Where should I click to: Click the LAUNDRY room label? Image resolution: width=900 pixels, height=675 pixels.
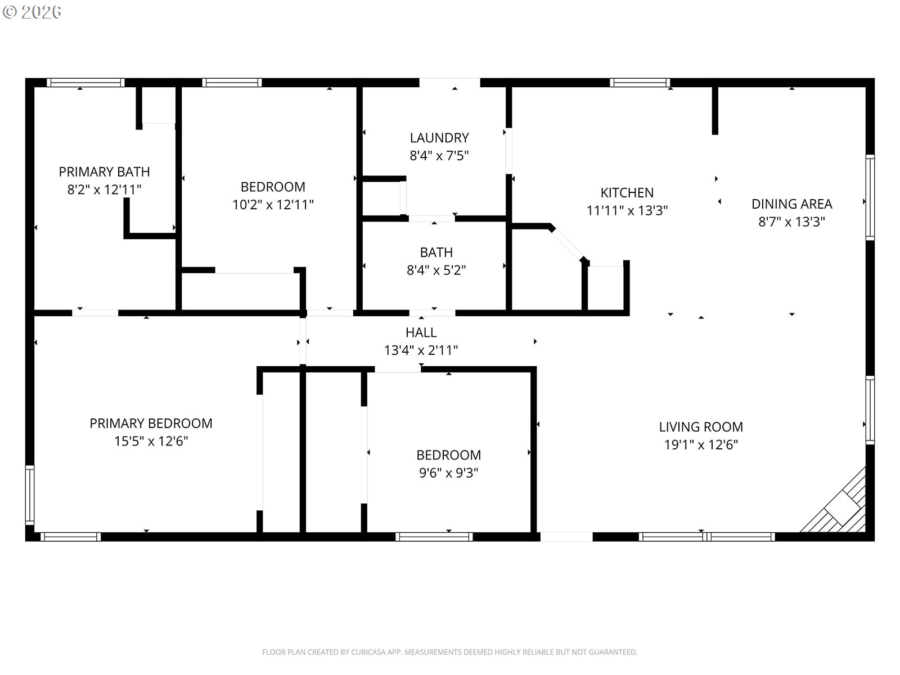pos(439,138)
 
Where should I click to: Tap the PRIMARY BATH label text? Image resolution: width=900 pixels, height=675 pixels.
pos(104,172)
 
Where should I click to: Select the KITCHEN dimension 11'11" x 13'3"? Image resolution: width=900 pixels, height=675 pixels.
pos(627,210)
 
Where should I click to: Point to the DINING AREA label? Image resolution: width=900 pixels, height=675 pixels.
pos(791,204)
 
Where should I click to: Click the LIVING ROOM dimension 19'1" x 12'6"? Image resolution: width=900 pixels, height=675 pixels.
pos(701,445)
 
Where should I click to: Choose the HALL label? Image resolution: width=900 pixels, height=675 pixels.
pos(421,332)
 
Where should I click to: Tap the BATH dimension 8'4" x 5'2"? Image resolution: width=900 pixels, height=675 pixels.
pos(436,270)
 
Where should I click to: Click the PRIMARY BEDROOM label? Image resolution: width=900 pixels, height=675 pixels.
pos(151,424)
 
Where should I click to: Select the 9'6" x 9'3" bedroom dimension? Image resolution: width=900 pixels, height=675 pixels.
pos(448,473)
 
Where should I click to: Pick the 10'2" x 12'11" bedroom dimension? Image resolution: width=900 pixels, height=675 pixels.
pos(273,205)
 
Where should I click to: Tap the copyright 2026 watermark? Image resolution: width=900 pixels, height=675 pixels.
pos(32,12)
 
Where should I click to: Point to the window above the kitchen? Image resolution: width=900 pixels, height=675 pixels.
pos(640,83)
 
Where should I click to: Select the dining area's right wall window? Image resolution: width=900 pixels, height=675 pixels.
pos(870,197)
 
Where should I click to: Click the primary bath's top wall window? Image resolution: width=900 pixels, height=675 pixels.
pos(85,83)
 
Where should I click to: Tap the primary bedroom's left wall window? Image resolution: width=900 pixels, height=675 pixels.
pos(29,494)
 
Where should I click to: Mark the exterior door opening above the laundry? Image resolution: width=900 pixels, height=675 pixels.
pos(449,82)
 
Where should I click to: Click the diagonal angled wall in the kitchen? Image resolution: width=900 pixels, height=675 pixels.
pos(568,244)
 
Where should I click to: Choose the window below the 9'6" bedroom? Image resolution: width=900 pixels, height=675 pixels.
pos(434,537)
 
